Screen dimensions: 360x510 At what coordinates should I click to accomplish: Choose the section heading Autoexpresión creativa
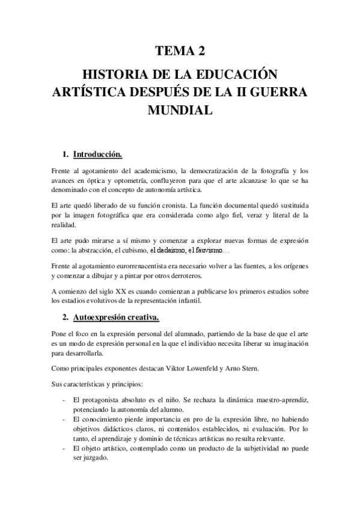[x=116, y=316]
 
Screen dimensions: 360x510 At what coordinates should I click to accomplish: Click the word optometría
[x=131, y=179]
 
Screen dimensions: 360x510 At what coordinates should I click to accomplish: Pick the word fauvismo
[x=204, y=250]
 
